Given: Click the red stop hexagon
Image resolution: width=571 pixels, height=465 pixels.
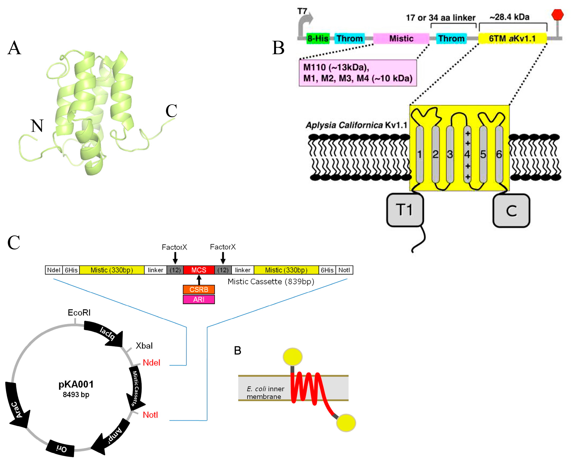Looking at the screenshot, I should (x=558, y=15).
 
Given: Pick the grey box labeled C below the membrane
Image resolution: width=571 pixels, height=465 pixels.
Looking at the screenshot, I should (x=511, y=211).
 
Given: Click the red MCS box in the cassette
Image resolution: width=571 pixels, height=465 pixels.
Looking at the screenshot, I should (x=199, y=270).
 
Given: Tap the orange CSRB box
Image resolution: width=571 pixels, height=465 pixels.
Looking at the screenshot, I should (x=199, y=290).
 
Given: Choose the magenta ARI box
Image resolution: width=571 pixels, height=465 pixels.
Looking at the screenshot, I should (x=199, y=299).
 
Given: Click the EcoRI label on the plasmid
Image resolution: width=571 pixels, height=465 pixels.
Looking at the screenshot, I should (x=79, y=313).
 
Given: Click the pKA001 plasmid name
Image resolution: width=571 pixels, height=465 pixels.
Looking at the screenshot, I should (x=76, y=384).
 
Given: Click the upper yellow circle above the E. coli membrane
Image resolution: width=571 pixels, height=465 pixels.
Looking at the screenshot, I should (x=292, y=357).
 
